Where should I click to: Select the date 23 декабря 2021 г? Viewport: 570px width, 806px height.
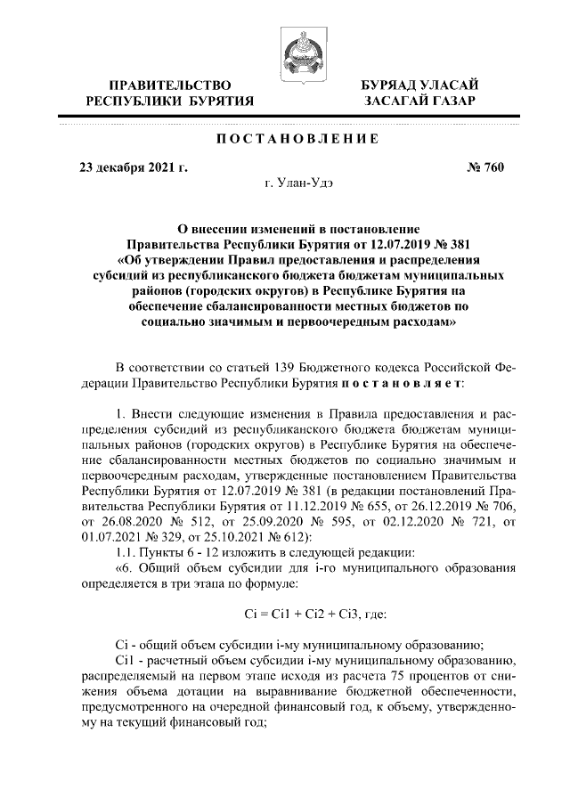point(133,167)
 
